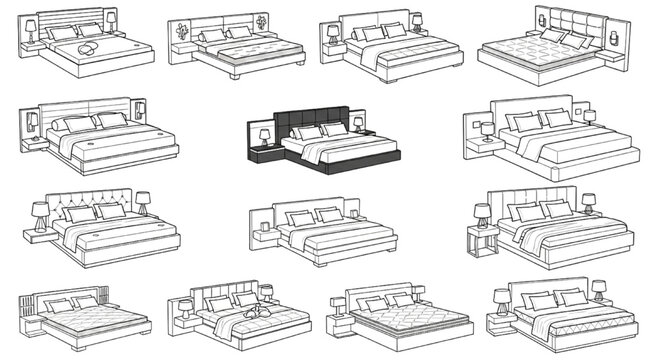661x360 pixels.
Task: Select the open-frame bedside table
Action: pos(482,241)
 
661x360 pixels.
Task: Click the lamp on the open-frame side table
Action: pos(482,213)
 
